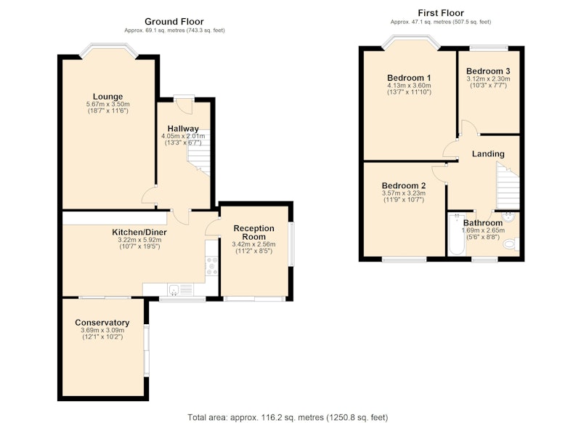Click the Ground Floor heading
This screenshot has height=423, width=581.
point(174,22)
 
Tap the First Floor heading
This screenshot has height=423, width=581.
point(441,13)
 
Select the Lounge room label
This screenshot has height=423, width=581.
point(107,97)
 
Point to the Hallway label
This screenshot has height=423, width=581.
point(183,129)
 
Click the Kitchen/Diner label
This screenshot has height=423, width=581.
point(139,233)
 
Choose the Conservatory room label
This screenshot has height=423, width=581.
point(102,323)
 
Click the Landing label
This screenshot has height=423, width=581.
point(488,154)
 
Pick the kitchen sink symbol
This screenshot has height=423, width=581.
point(180,289)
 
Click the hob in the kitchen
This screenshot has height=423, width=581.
point(212,265)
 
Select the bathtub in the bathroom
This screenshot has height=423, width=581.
point(457,234)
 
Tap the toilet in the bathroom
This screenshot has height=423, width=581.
point(511,244)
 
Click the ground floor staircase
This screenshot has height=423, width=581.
point(199,153)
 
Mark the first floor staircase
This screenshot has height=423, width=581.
point(508,188)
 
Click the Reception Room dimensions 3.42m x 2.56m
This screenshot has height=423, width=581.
point(253,244)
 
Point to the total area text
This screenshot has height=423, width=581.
point(288,417)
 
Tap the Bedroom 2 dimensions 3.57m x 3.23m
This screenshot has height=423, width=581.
point(404,193)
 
